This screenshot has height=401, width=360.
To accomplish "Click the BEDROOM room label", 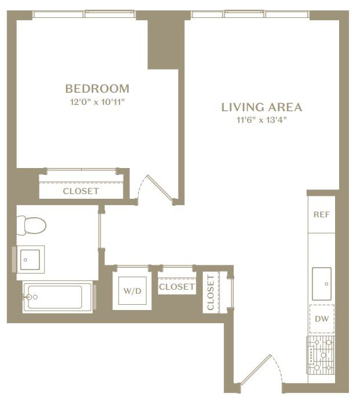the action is [97, 89].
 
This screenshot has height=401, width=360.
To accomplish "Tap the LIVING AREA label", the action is [261, 107].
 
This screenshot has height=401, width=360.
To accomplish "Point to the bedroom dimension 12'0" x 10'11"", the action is [97, 103].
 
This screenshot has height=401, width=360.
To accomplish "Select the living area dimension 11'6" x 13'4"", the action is [261, 120].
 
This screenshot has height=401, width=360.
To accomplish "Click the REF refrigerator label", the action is [321, 214].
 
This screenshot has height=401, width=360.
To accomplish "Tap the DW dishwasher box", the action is [322, 319].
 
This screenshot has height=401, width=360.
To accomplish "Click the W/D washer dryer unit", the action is [132, 291].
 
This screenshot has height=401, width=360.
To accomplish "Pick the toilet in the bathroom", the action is [31, 225].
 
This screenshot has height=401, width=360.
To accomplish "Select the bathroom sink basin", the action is [30, 260].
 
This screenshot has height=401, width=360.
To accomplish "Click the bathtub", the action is [58, 297].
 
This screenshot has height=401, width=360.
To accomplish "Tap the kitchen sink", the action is [322, 284].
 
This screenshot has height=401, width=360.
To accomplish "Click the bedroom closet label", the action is [81, 191].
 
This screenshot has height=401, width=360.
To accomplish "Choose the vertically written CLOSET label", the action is [210, 292].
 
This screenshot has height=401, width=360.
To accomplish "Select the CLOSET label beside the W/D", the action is [177, 287].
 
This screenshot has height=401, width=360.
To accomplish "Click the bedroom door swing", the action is [156, 189].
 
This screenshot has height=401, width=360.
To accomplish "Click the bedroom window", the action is [83, 14].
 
